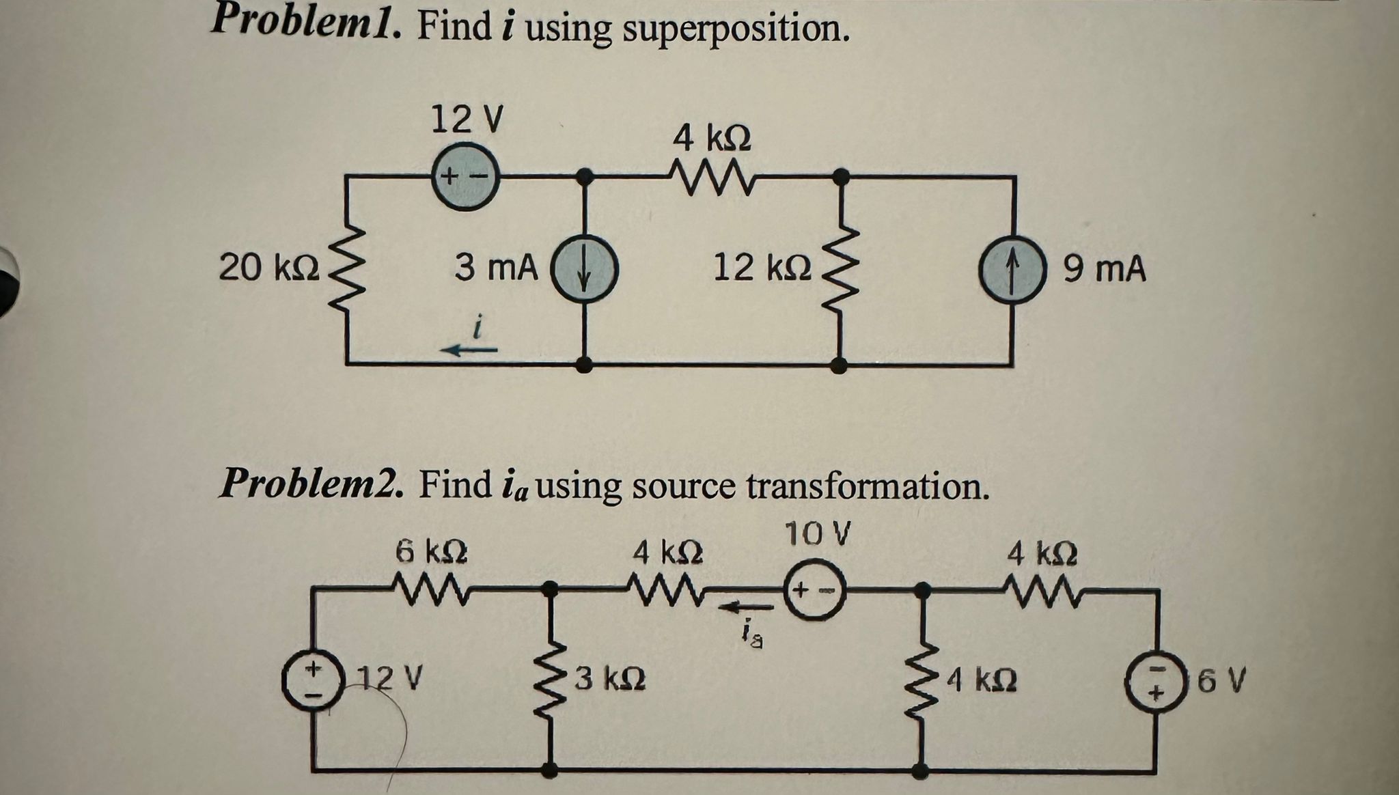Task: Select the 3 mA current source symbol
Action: click(584, 270)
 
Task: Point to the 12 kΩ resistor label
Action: click(762, 267)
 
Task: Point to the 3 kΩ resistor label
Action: click(610, 679)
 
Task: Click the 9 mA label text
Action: click(1104, 269)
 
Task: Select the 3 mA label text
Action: click(496, 267)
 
